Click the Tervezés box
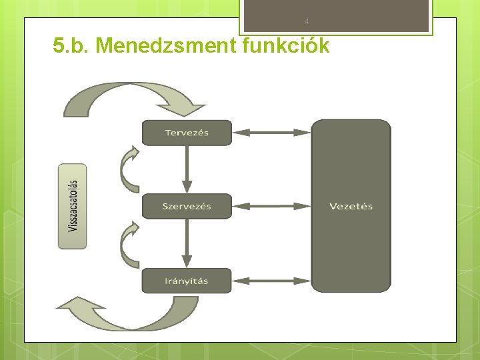tap(187, 133)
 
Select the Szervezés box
tap(187, 206)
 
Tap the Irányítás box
tap(187, 281)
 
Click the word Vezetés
tap(351, 206)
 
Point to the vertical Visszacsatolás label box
tap(72, 206)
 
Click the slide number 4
tap(307, 21)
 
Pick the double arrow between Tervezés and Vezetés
tap(271, 133)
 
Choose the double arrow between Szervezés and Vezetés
tap(271, 206)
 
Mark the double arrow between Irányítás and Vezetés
tap(271, 281)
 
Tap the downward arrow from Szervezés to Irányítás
tap(187, 243)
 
